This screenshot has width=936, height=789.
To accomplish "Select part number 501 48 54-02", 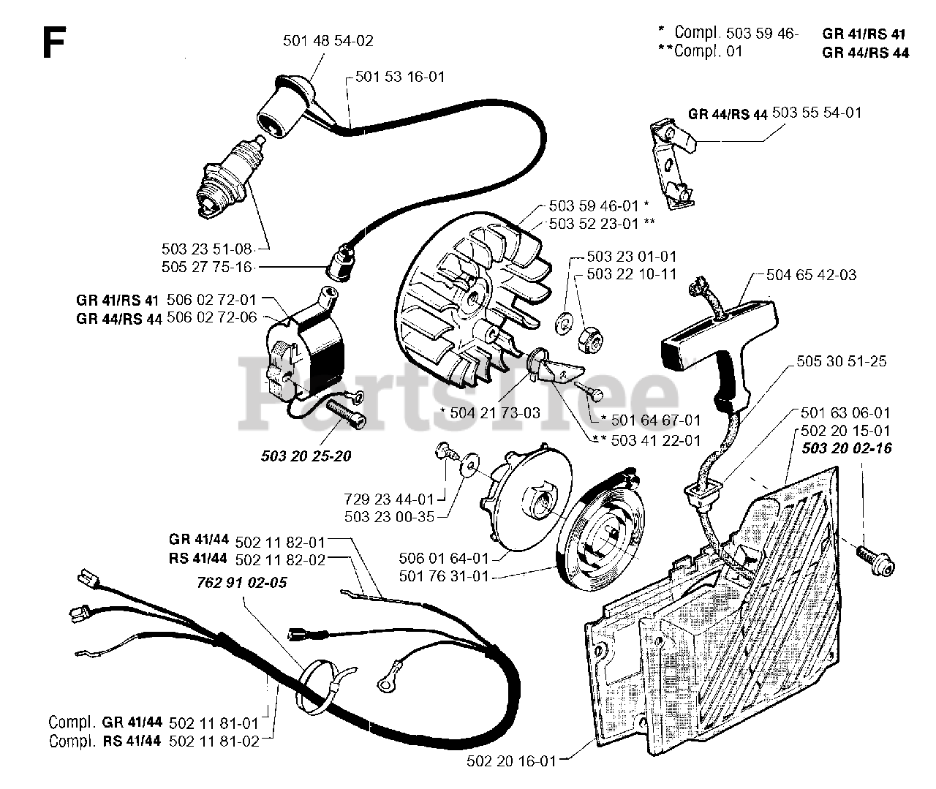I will pyautogui.click(x=328, y=41).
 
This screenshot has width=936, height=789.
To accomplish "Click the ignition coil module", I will pyautogui.click(x=300, y=352).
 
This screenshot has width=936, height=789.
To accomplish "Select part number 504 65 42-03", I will pyautogui.click(x=811, y=276).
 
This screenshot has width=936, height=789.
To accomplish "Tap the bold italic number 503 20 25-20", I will pyautogui.click(x=306, y=456).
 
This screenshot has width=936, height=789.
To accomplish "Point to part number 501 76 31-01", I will pyautogui.click(x=444, y=576).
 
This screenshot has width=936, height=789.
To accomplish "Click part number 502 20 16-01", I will pyautogui.click(x=511, y=761).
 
